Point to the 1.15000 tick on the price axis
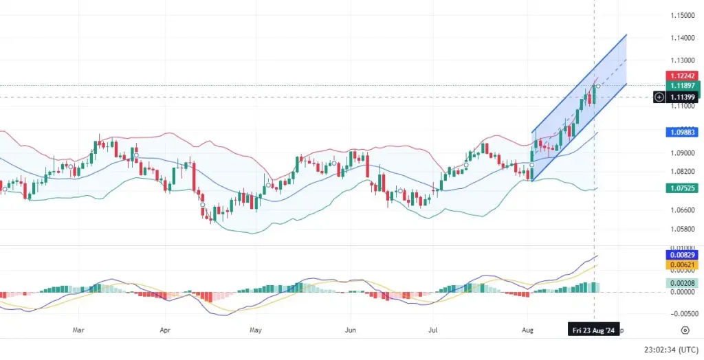[681, 15]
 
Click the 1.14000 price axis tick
[681, 39]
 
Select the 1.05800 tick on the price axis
[681, 229]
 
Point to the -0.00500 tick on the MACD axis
[681, 314]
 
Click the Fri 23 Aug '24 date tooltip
[593, 330]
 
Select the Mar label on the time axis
[79, 330]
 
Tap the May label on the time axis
[256, 330]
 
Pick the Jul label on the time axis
[434, 330]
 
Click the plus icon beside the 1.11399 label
[659, 98]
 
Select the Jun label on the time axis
[350, 330]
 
